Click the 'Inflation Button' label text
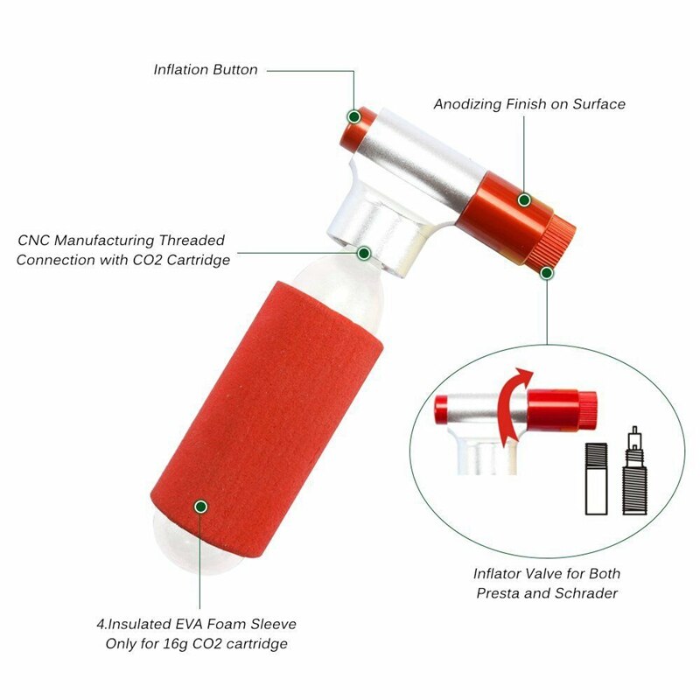(x=205, y=69)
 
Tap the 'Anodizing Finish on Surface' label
(x=529, y=104)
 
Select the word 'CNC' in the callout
(x=35, y=240)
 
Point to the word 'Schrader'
(x=587, y=592)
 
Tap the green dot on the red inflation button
(x=353, y=115)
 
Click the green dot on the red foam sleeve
(x=200, y=506)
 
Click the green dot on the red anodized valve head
(x=524, y=200)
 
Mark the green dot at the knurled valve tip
(x=546, y=273)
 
